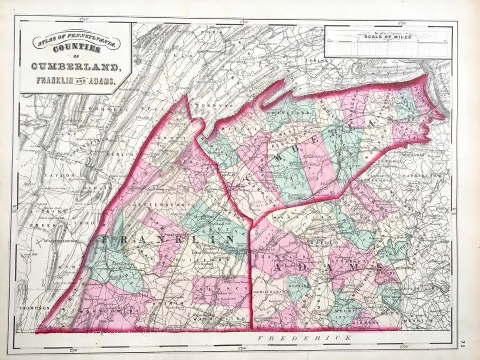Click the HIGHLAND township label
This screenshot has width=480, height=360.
299,286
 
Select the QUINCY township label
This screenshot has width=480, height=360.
222,288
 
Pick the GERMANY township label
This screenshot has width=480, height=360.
363,322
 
